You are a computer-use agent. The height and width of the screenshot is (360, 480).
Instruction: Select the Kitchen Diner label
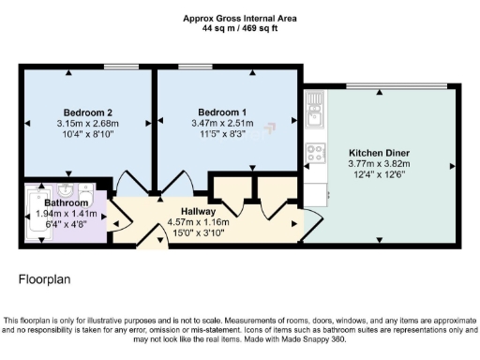[380, 152]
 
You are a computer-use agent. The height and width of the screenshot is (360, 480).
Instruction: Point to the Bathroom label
[66, 202]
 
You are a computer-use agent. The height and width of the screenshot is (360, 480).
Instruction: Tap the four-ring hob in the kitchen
[314, 153]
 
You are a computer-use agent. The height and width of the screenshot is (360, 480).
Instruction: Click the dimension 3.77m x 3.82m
[380, 162]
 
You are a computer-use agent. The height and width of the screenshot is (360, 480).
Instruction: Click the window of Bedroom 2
[121, 66]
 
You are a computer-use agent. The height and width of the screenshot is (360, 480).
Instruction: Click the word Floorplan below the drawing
[44, 279]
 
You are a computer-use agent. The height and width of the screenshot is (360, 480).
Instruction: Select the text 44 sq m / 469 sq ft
[239, 28]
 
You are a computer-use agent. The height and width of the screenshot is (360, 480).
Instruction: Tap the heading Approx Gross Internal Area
[239, 18]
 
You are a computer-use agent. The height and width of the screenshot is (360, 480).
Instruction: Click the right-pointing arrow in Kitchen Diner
[452, 165]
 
